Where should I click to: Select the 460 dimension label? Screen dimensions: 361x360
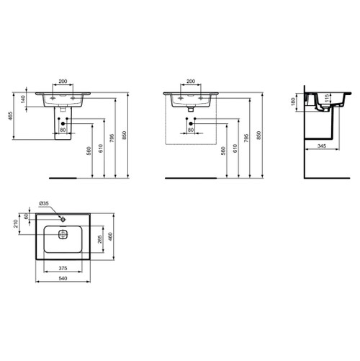111,236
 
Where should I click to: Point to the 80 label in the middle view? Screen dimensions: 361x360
192,131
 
